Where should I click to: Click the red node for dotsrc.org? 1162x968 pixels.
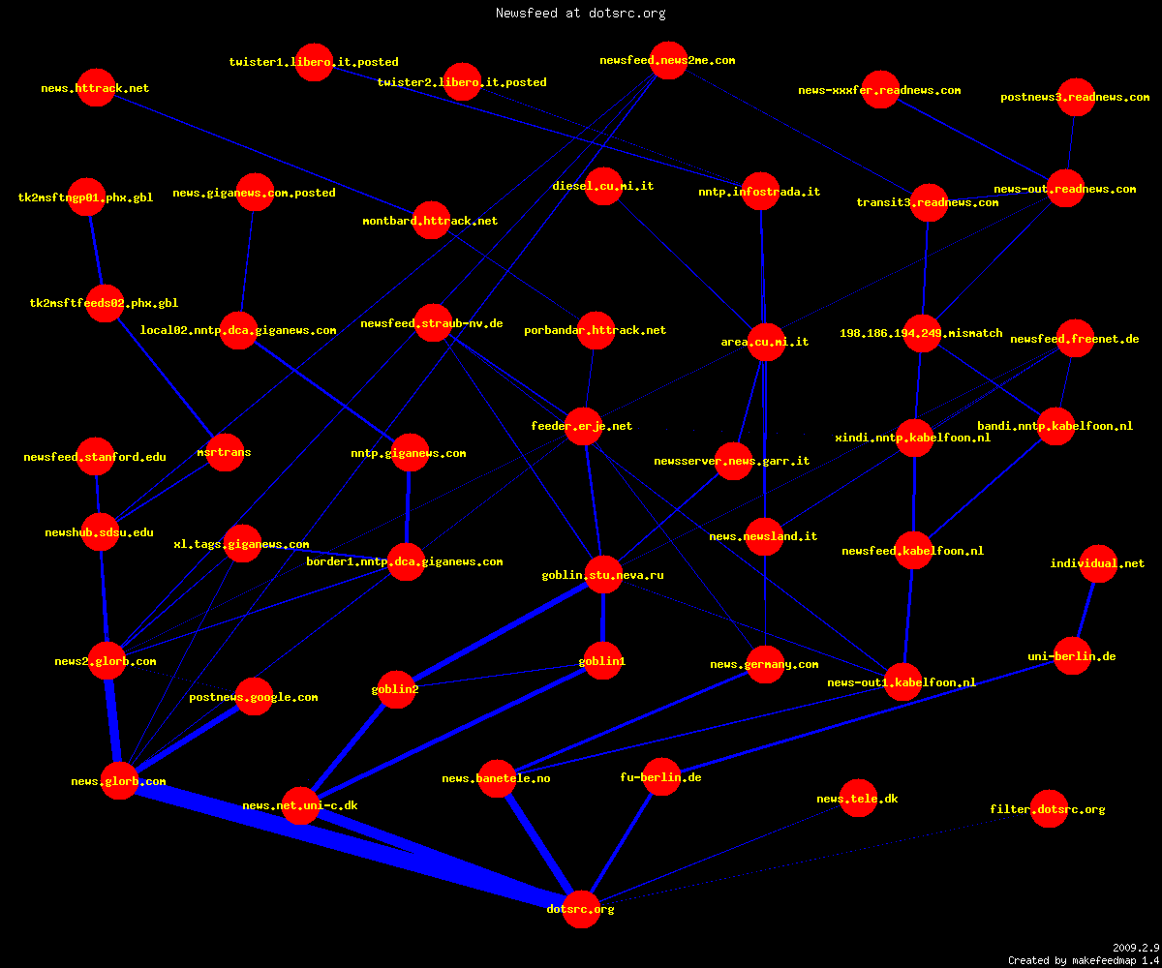[x=581, y=909]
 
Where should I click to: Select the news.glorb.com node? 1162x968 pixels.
[x=119, y=780]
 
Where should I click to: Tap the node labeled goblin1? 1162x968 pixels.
[x=602, y=661]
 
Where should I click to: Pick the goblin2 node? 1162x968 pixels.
[x=396, y=689]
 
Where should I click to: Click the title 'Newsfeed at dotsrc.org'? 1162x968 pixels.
[x=580, y=13]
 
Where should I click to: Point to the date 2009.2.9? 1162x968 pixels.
[x=1136, y=948]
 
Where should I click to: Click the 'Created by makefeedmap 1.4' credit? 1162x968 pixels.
[x=1084, y=961]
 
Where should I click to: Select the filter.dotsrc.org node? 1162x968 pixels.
[x=1049, y=809]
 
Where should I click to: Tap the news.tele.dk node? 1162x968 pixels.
[x=858, y=799]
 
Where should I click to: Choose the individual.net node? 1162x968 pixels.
[x=1098, y=563]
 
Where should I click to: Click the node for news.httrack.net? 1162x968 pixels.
[x=96, y=88]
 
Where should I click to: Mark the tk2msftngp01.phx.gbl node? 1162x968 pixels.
[x=86, y=197]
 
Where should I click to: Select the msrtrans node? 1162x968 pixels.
[x=225, y=452]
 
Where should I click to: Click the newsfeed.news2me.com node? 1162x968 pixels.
[x=668, y=60]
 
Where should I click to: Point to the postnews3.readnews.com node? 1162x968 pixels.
[x=1076, y=97]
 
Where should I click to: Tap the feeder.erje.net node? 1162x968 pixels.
[x=583, y=426]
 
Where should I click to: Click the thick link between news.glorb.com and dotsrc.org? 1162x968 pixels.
[x=350, y=845]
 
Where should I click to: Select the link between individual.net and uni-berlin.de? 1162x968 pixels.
[x=1086, y=610]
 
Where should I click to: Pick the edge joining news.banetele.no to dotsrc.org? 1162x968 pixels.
[x=538, y=843]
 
